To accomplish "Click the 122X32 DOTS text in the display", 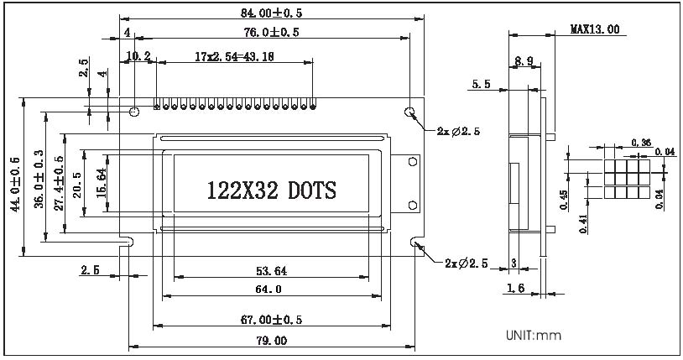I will click(271, 190).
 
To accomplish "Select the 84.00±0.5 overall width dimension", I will click(271, 12).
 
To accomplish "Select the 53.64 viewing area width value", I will click(270, 270).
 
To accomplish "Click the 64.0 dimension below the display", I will click(270, 290).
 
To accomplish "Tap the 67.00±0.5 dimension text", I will click(270, 319).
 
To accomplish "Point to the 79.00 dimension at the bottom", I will click(270, 341).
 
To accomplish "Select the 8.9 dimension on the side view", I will click(524, 61).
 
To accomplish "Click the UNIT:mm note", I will click(533, 336).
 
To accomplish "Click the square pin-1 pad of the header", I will click(156, 107).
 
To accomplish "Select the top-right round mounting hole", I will click(409, 112).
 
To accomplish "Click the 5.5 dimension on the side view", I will click(482, 85).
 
